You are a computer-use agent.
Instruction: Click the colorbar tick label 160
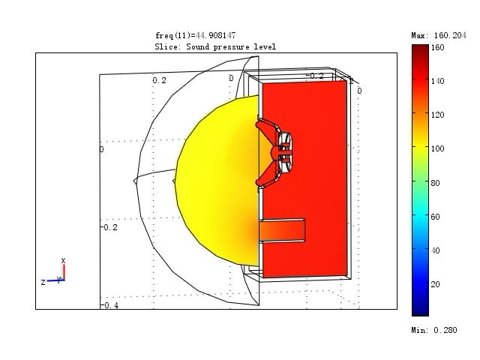tap(437, 47)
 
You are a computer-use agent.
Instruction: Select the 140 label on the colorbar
tap(437, 81)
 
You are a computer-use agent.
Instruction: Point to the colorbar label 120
tap(437, 115)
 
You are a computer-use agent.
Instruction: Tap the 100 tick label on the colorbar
tap(437, 148)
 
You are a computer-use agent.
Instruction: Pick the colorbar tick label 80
tap(435, 183)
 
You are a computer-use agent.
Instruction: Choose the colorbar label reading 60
tap(435, 217)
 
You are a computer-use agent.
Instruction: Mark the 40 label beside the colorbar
tap(435, 250)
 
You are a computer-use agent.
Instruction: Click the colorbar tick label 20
tap(435, 284)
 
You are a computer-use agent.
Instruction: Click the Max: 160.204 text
tap(439, 35)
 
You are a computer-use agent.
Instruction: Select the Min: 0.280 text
tap(434, 330)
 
